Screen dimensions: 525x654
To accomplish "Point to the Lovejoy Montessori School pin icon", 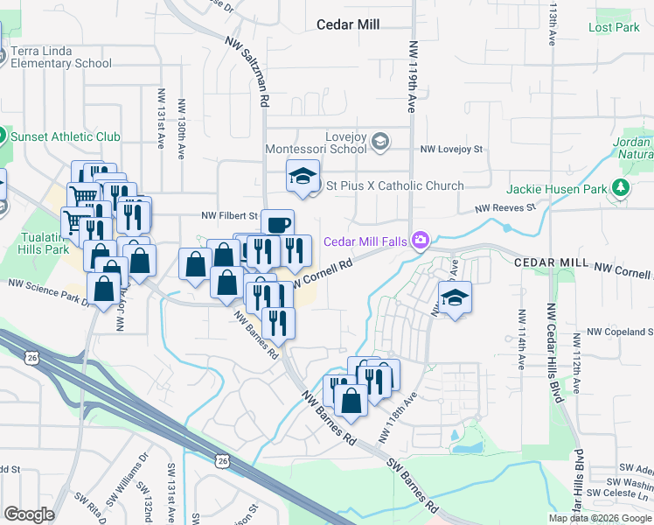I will pos(380,141).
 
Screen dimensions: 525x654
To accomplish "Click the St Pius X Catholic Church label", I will pos(394,185).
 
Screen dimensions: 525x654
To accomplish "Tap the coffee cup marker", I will pos(277,224).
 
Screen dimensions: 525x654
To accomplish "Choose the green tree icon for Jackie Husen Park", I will pos(621,187).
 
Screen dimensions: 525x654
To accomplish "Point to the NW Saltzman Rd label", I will pos(247,71).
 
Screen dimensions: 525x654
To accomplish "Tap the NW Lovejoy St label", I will pos(451,150).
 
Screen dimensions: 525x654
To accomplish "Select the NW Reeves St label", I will pos(504,208).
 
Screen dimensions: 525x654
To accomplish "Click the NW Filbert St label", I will pos(230,215).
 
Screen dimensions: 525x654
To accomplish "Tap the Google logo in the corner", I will pos(29,514).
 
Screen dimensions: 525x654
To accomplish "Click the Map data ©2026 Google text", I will pos(599,518).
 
